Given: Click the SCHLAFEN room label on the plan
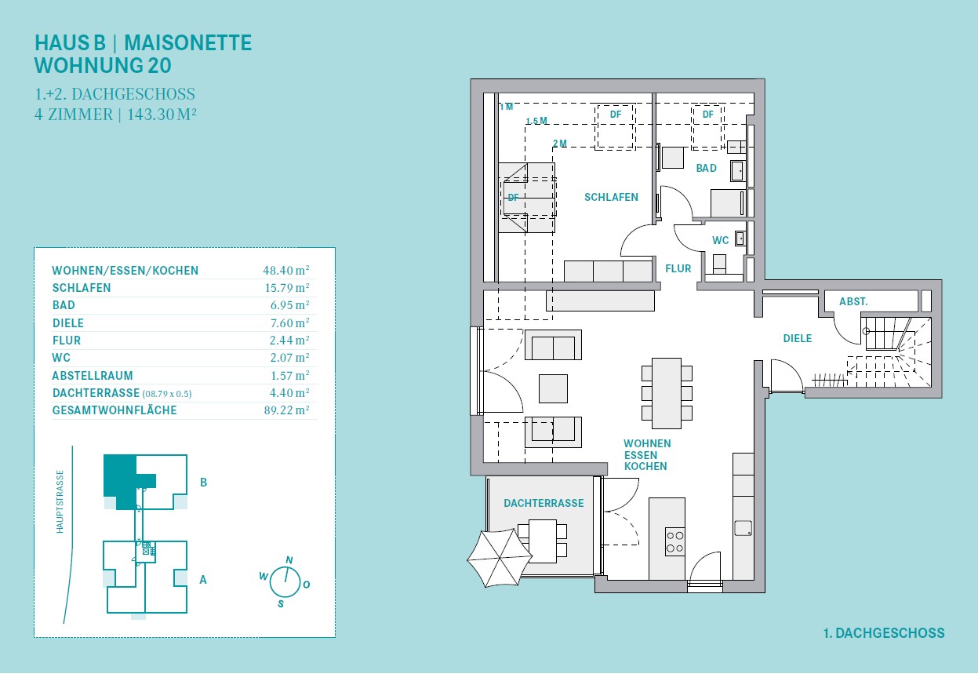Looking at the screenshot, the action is click(x=611, y=198).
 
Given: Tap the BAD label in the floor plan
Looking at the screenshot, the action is click(x=707, y=168).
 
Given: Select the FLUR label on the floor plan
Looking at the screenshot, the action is click(x=678, y=268).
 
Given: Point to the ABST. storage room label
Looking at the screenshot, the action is click(x=853, y=301).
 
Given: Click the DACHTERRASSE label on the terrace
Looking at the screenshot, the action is click(x=544, y=503).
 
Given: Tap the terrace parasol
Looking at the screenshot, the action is click(x=500, y=558).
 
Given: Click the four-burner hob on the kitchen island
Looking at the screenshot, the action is click(x=674, y=541).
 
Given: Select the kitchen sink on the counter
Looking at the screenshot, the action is click(x=743, y=528).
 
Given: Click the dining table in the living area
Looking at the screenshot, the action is click(x=667, y=393).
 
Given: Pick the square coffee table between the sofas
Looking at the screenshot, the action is click(x=553, y=388).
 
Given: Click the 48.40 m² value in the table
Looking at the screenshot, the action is click(x=286, y=270).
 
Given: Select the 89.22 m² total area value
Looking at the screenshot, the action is click(x=286, y=410).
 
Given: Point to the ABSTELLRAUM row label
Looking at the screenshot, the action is click(x=93, y=376).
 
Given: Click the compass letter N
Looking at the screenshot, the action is click(x=289, y=560).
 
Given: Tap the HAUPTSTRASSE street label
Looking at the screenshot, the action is click(x=60, y=501).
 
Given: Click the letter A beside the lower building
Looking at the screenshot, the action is click(x=203, y=580).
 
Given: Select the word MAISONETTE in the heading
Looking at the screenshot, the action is click(x=187, y=43).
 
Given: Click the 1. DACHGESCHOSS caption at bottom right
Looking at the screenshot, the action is click(x=884, y=633).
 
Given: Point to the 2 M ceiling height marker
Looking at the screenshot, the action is click(x=560, y=144).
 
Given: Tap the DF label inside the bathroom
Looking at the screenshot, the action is click(x=707, y=115).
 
